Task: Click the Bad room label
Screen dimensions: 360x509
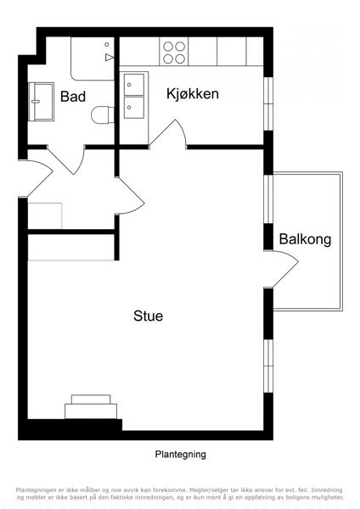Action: [x=73, y=97]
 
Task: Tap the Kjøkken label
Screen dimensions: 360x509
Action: [x=193, y=94]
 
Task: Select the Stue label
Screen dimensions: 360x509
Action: [x=148, y=316]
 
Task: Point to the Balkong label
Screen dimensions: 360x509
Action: [x=305, y=239]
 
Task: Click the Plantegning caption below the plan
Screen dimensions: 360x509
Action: [x=180, y=454]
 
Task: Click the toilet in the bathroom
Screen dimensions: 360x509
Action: [x=103, y=115]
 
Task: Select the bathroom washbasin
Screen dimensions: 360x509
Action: [x=41, y=102]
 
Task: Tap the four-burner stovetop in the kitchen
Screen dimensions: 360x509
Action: [x=174, y=53]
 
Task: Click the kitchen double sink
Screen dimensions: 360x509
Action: [x=134, y=96]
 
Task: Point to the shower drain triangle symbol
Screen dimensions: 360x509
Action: [x=110, y=58]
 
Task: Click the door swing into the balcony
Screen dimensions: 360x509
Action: [x=285, y=268]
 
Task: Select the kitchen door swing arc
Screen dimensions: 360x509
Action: [x=169, y=134]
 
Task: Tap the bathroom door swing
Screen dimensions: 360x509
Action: [x=66, y=160]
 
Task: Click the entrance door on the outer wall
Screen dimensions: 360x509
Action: [x=40, y=178]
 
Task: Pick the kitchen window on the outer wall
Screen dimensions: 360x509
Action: [x=268, y=103]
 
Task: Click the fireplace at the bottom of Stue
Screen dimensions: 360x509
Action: [x=91, y=406]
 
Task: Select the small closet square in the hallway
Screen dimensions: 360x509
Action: [x=45, y=215]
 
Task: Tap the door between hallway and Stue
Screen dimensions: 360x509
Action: [x=131, y=195]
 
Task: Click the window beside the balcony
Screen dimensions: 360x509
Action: [x=268, y=199]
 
